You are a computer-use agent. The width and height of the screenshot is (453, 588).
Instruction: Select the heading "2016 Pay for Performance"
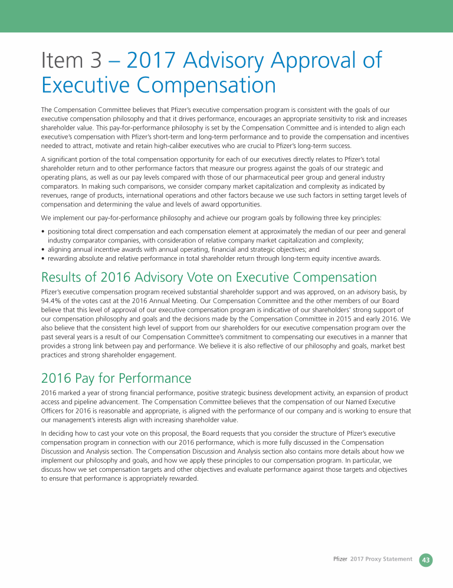116,377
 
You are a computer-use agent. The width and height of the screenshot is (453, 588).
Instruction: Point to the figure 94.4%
52,300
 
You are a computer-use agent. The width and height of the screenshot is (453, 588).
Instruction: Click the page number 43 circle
425,560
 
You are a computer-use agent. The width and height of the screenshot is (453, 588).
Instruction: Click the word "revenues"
57,195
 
